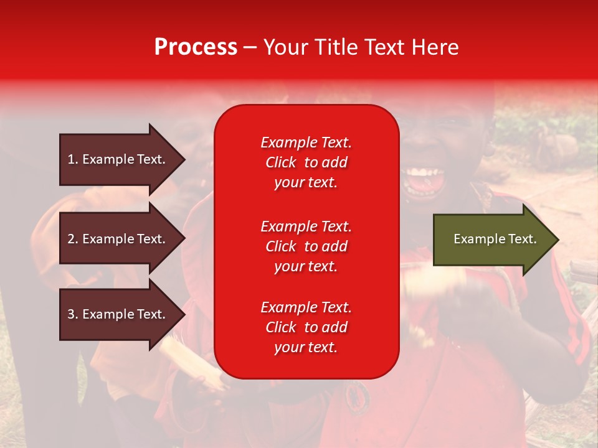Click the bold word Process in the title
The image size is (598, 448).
tap(196, 47)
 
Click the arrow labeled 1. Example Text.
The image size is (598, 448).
tap(123, 159)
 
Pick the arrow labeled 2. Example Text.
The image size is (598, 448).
tap(123, 238)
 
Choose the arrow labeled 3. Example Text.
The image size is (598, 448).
tap(123, 314)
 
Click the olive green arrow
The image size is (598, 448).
tap(496, 239)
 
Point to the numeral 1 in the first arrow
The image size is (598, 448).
tap(70, 159)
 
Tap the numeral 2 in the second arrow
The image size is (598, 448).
tap(71, 239)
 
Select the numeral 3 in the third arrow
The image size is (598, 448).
tap(71, 314)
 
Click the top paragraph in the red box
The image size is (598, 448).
tap(306, 162)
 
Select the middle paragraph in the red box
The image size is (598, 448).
tap(306, 246)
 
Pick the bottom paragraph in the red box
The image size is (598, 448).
tap(306, 327)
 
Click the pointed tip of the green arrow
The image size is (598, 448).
tap(559, 240)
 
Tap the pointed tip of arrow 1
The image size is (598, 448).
tap(186, 160)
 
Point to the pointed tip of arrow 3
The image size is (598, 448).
tap(186, 314)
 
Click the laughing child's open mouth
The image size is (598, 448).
tap(424, 181)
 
